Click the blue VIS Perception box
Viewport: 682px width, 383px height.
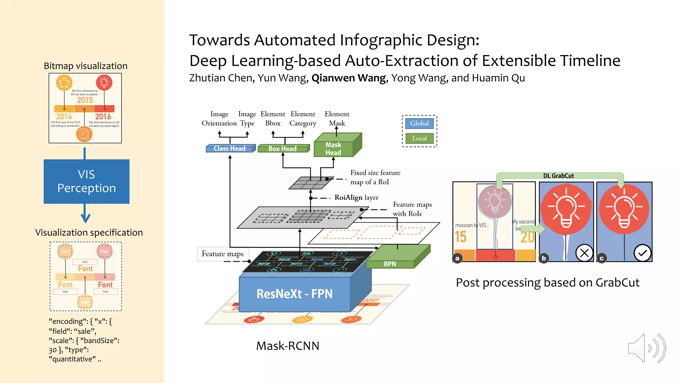point(87,182)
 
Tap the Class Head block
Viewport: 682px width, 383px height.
point(230,149)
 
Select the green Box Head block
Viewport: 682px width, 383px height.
point(283,149)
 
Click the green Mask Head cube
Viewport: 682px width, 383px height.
point(334,149)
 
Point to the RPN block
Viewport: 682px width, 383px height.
point(390,264)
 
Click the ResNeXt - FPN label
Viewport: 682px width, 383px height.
point(294,294)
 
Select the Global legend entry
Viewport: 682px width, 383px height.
point(419,123)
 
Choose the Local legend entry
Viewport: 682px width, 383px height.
point(419,138)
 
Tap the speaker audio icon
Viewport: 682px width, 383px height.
point(646,348)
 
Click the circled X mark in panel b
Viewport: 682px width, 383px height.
point(584,253)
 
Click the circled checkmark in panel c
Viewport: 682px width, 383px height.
point(642,253)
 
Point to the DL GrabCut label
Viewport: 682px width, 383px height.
point(558,176)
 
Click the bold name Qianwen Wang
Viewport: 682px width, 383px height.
point(349,78)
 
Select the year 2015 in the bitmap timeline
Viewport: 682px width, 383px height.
point(85,100)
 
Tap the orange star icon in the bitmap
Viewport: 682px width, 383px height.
point(64,82)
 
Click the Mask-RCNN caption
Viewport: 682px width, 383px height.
point(287,346)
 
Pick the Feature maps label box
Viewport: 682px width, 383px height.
point(222,254)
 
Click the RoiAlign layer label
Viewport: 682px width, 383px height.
point(356,197)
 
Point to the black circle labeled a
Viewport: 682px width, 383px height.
point(457,258)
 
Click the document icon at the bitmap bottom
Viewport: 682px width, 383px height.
point(84,134)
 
